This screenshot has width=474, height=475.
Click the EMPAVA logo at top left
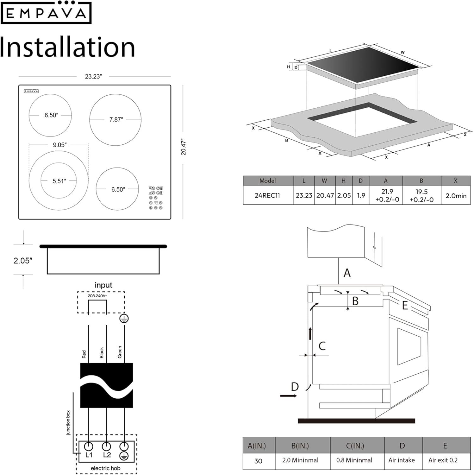46,13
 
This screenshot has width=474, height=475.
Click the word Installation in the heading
67,47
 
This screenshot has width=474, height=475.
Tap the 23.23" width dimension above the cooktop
93,77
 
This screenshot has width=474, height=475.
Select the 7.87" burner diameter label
116,119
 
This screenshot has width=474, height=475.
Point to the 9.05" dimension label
59,145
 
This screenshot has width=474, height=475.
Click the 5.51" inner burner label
59,181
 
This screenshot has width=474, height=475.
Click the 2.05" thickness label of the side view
23,261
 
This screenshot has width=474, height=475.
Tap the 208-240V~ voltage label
97,296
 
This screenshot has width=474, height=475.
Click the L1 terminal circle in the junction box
89,446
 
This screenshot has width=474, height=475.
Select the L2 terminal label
107,455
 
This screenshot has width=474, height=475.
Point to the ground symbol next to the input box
124,319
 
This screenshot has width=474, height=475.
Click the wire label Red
84,354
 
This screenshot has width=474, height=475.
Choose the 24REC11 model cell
267,195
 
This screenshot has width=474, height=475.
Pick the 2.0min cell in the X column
456,196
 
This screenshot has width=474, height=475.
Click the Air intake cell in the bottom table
402,460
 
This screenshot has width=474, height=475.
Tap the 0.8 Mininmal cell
354,460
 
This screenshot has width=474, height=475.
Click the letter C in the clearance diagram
322,346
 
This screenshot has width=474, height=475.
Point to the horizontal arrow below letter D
288,396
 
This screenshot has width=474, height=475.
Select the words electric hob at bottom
105,468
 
